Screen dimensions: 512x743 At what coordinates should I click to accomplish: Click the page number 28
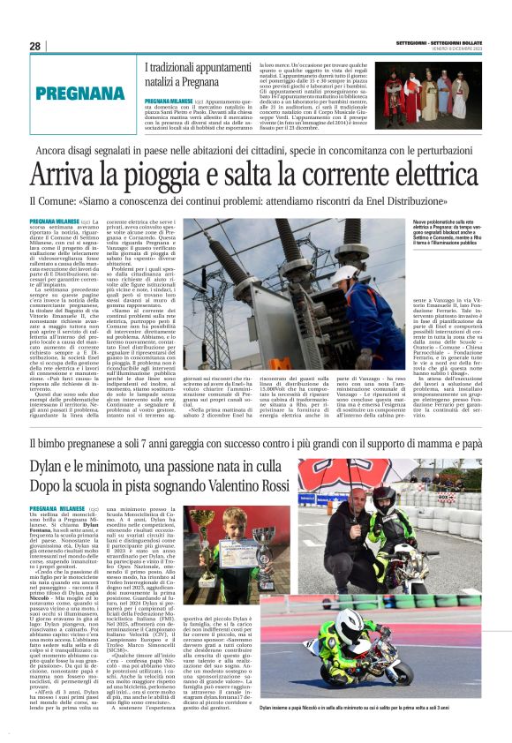[35, 47]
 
